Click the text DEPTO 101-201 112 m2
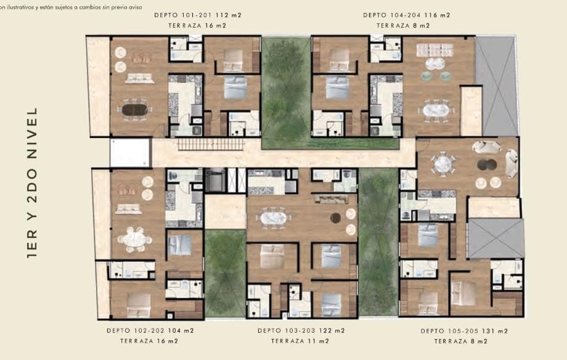(x=197, y=15)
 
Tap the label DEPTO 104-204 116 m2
(x=406, y=15)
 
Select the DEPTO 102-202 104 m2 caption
(x=150, y=330)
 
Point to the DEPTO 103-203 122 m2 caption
(x=301, y=330)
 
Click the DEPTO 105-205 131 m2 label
(x=464, y=331)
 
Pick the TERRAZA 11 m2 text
(x=300, y=341)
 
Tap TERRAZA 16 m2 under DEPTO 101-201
(x=197, y=26)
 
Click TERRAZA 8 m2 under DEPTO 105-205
(x=461, y=342)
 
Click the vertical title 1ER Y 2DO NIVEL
(x=32, y=182)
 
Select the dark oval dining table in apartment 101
(x=134, y=110)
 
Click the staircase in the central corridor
(x=211, y=145)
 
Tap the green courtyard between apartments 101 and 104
(x=286, y=92)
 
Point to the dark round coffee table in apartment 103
(x=335, y=218)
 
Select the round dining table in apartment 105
(x=443, y=164)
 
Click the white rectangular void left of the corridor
(x=130, y=152)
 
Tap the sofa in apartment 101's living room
(x=139, y=78)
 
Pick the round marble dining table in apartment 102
(x=134, y=239)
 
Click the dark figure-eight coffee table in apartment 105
(x=487, y=165)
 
